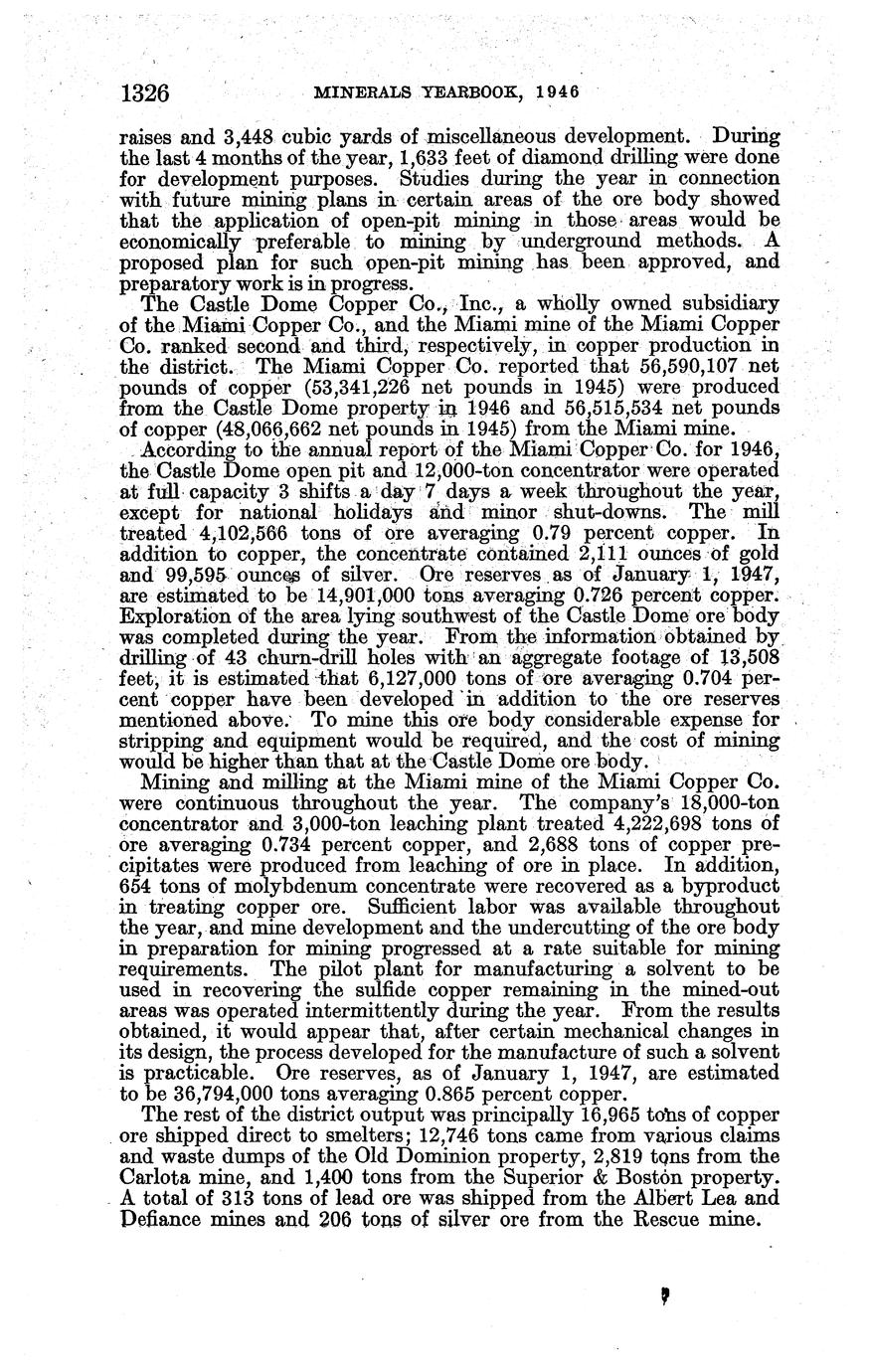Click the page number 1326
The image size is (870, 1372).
click(145, 93)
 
